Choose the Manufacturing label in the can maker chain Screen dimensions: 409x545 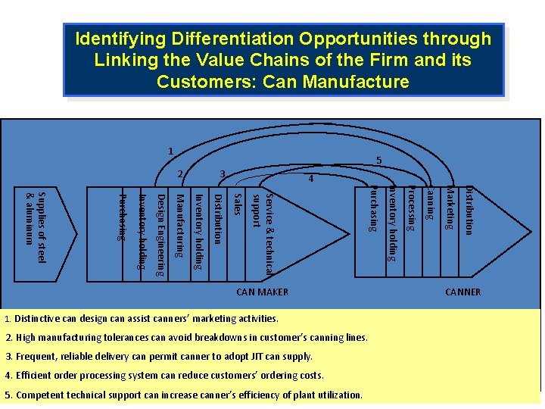pyautogui.click(x=180, y=226)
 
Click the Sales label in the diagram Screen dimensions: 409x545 pyautogui.click(x=238, y=204)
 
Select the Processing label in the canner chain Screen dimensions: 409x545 pyautogui.click(x=411, y=208)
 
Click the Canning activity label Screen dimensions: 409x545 pyautogui.click(x=429, y=203)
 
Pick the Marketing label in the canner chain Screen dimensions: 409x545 pyautogui.click(x=450, y=208)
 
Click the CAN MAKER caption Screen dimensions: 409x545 pyautogui.click(x=263, y=292)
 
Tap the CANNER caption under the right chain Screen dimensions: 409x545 pyautogui.click(x=462, y=292)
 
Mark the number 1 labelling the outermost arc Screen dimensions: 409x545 pyautogui.click(x=171, y=151)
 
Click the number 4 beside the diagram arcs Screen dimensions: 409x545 pyautogui.click(x=310, y=180)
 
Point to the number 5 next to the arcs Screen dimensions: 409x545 pyautogui.click(x=378, y=161)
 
